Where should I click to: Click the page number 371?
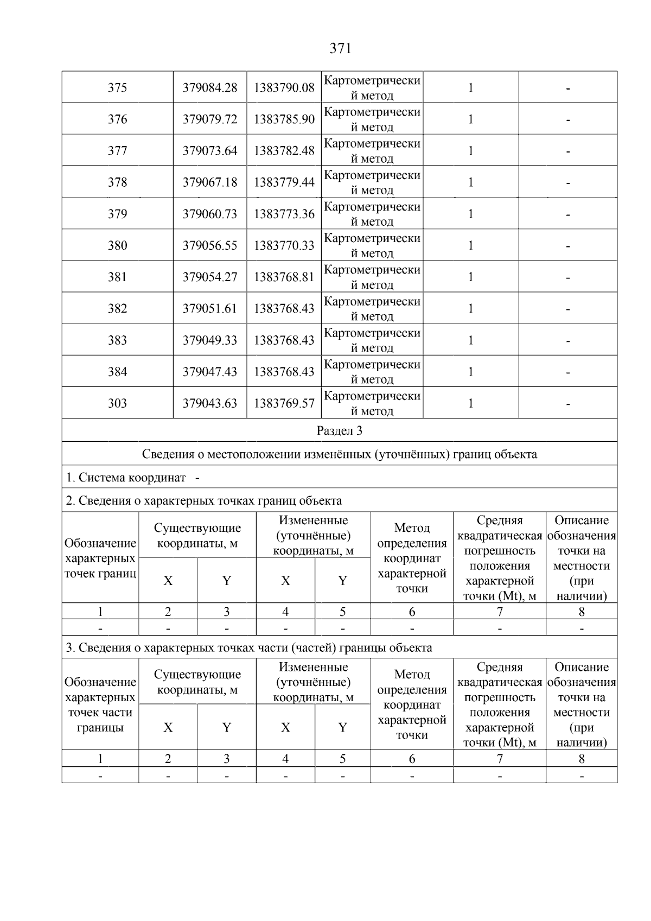(x=341, y=49)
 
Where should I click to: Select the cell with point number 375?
(x=117, y=88)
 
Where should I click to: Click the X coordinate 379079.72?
(x=210, y=119)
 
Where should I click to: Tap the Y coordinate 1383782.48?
(x=284, y=151)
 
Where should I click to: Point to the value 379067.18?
(x=210, y=182)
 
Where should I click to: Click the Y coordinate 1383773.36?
(x=284, y=214)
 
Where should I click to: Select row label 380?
(x=117, y=245)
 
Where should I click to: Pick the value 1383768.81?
(x=284, y=277)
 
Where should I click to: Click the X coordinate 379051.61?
(x=210, y=308)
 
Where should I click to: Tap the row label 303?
(x=117, y=403)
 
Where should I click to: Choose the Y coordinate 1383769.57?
(x=284, y=403)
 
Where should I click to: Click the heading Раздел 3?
(x=340, y=431)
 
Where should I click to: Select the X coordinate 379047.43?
(x=210, y=372)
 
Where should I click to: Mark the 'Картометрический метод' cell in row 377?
(x=372, y=151)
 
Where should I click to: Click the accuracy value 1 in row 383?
(x=470, y=340)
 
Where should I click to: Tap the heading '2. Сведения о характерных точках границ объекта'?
(x=204, y=500)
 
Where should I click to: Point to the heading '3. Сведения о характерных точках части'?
(x=249, y=647)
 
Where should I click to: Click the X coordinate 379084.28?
(x=210, y=88)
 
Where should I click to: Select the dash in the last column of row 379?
(x=567, y=214)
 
